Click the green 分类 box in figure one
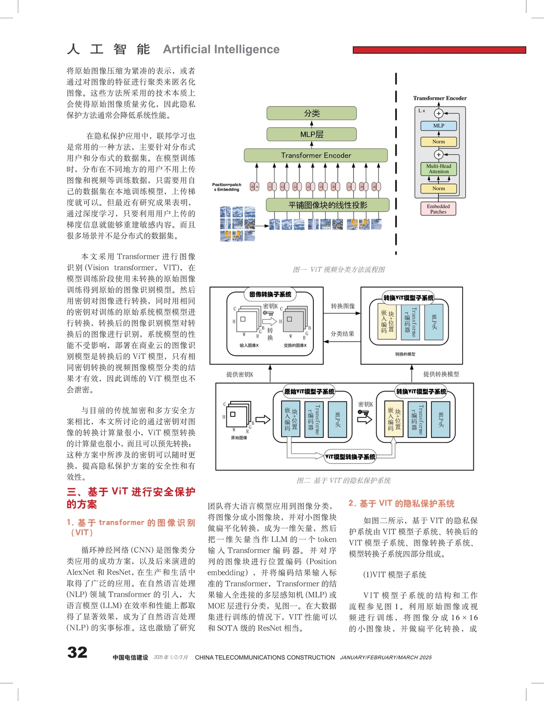[x=312, y=113]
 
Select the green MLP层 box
[x=312, y=134]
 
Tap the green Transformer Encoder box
[x=316, y=155]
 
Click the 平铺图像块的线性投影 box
[x=327, y=205]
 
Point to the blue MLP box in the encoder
[x=438, y=126]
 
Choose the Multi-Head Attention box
[x=438, y=169]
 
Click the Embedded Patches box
[x=438, y=208]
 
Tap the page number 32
[x=77, y=652]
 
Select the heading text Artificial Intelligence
[x=221, y=49]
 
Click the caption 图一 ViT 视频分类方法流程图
[x=339, y=269]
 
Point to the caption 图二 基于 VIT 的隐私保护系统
[x=343, y=480]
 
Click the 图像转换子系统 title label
[x=270, y=294]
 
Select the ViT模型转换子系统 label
[x=350, y=457]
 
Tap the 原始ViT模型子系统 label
[x=309, y=392]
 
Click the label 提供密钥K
[x=239, y=374]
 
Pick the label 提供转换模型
[x=441, y=374]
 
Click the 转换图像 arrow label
[x=342, y=306]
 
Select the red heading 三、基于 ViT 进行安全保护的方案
[x=131, y=498]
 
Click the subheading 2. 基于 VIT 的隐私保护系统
[x=401, y=503]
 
